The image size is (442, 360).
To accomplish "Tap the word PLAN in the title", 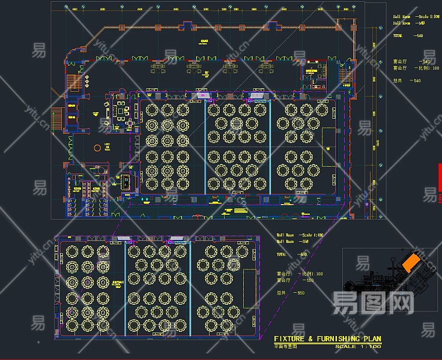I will point(371,340).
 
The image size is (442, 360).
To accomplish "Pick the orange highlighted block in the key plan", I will point(411,263).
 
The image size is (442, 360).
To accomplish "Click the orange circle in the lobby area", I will point(97,148).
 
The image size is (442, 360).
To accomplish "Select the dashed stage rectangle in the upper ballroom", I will point(329,147).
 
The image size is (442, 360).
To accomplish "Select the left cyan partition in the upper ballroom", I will point(205,148).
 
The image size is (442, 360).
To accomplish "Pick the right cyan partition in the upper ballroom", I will point(270,148).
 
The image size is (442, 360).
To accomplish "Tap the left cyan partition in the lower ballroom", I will point(126,288).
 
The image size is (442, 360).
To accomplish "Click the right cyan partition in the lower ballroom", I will point(190,288).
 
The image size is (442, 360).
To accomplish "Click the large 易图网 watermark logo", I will point(373,302).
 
